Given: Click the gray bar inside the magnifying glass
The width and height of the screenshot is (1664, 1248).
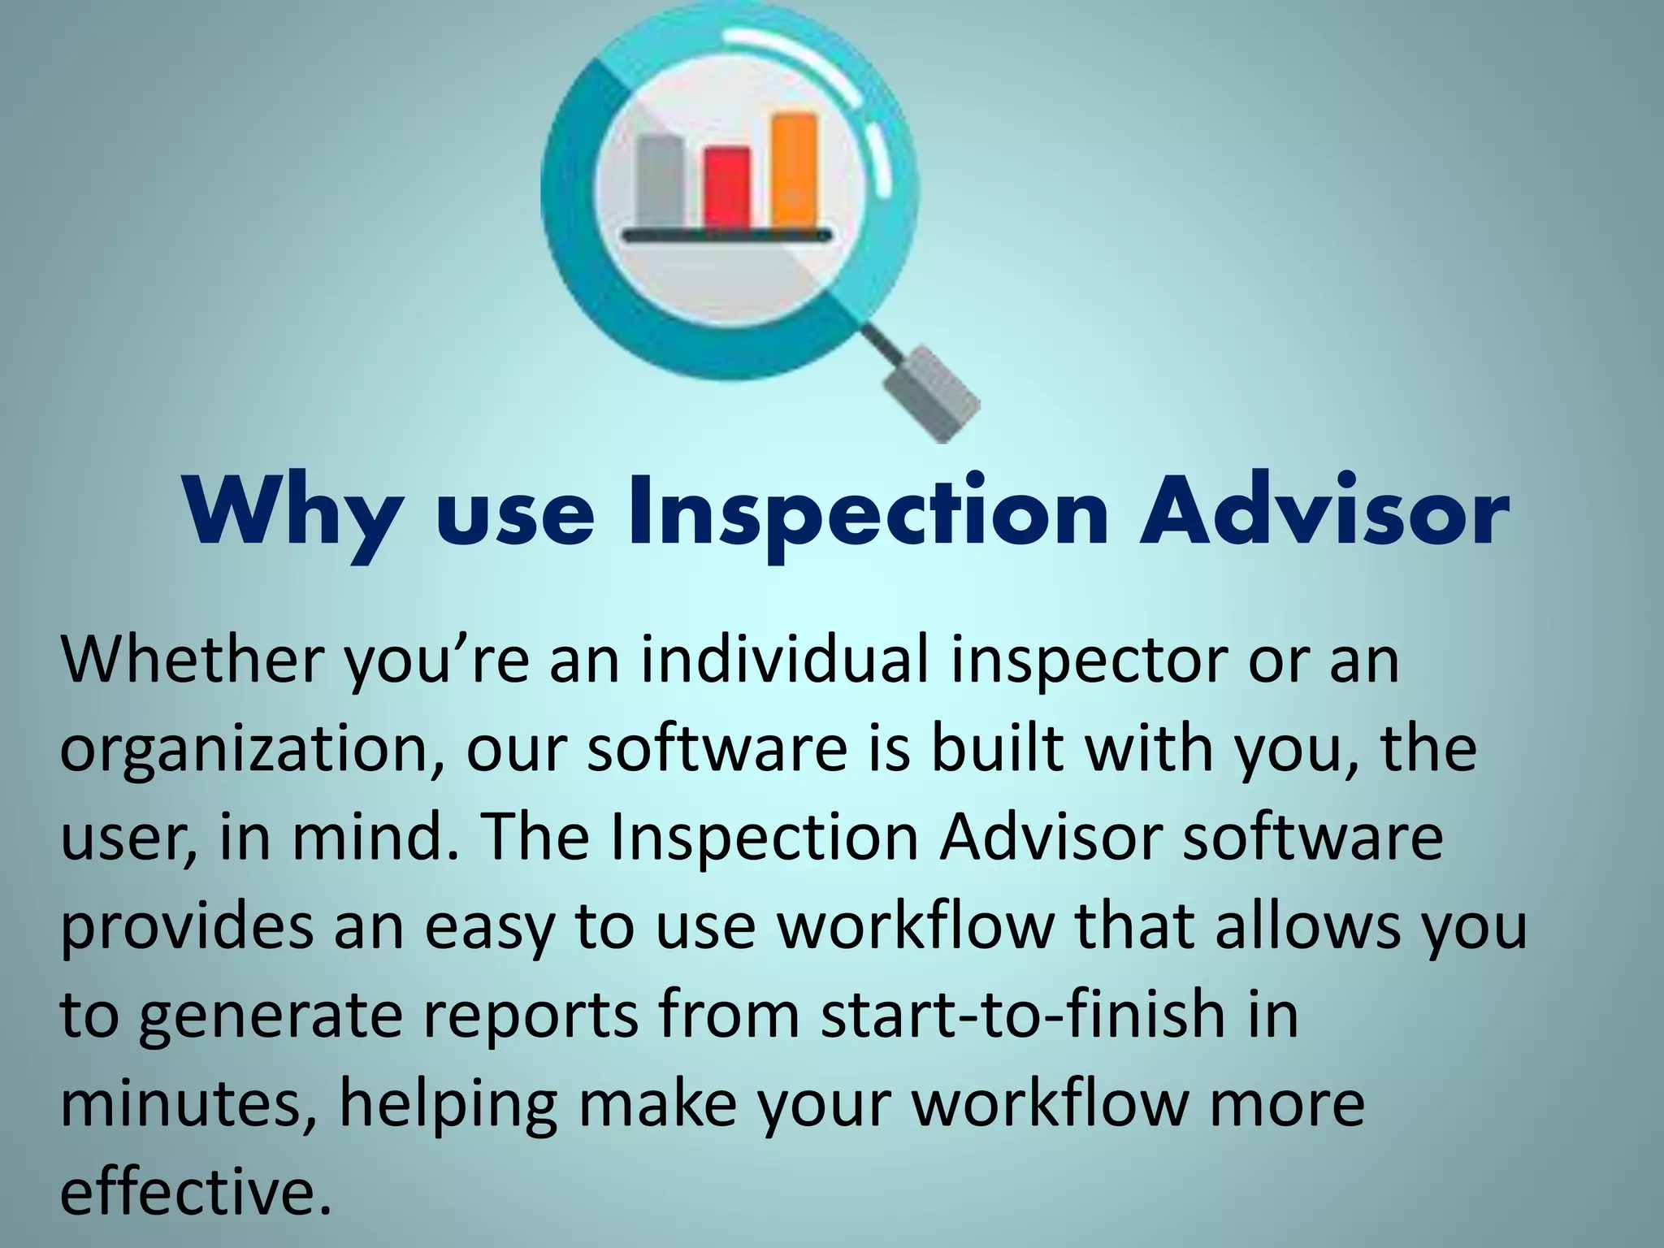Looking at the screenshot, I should [660, 183].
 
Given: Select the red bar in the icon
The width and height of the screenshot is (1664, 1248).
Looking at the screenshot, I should [727, 188].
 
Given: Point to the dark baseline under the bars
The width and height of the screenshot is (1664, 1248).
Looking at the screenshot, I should [727, 236].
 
